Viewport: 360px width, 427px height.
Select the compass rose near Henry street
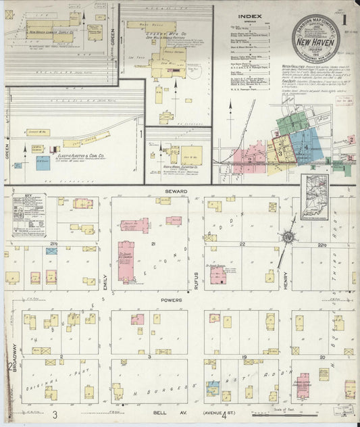click(289, 237)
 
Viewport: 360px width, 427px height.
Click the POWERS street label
click(172, 299)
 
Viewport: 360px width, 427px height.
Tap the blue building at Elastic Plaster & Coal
click(43, 163)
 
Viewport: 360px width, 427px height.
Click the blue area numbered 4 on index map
click(306, 146)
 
